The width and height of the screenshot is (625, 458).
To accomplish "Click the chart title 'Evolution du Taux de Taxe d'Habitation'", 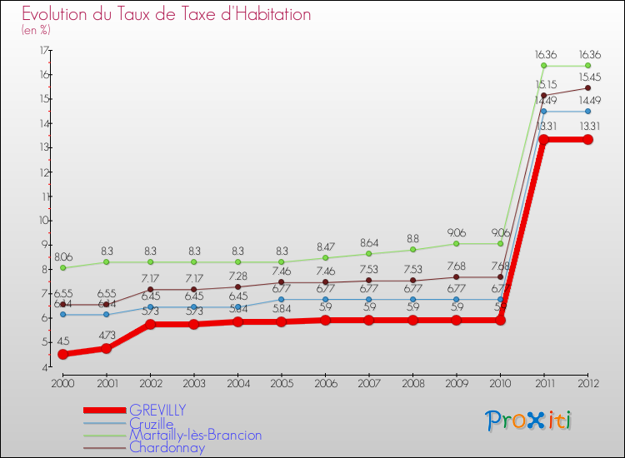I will pos(167,15).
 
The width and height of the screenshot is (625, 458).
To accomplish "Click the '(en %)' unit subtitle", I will pos(37,31).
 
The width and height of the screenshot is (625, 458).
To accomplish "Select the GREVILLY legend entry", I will pos(157,410).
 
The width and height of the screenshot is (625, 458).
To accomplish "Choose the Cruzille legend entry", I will pos(152,423).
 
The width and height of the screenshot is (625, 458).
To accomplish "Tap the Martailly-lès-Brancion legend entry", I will pos(195,436).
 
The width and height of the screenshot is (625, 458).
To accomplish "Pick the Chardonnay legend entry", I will pos(167,448).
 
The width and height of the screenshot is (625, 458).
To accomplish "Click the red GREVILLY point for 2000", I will pos(62,354).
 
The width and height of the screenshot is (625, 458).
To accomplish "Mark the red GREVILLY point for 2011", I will pos(543,140).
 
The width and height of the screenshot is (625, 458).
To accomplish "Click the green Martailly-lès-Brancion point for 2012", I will pos(587,66).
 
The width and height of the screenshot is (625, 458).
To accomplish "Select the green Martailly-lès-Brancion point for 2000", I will pos(62,268).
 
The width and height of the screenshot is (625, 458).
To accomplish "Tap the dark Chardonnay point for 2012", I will pos(587,87).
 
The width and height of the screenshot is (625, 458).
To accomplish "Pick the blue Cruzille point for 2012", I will pos(587,111).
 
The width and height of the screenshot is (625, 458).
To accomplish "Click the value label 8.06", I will pos(63,258).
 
